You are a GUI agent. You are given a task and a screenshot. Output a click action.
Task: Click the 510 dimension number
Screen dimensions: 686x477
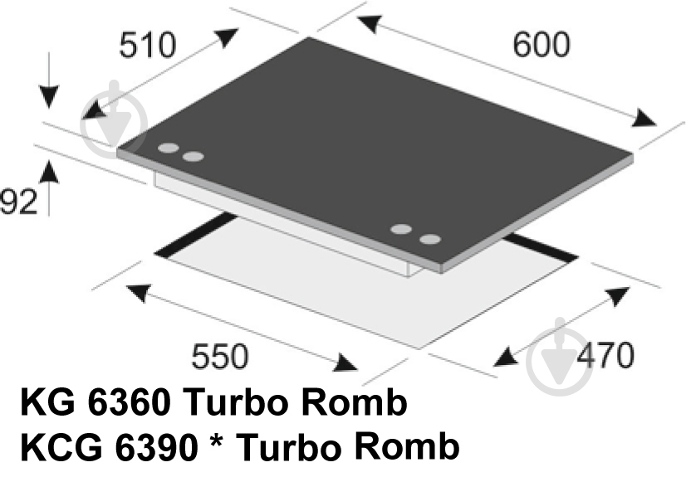click(148, 46)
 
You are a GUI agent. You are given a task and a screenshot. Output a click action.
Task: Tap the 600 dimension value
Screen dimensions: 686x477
click(541, 45)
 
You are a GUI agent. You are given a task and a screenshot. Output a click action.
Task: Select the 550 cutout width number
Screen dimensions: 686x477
click(220, 357)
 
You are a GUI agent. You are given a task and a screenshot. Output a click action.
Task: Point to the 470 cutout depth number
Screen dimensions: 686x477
click(605, 355)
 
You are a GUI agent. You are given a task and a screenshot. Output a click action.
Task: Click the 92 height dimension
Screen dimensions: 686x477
click(18, 202)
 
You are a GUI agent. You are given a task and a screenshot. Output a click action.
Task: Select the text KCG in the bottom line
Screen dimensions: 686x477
click(61, 447)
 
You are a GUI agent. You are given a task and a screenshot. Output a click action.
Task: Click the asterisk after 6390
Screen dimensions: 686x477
click(216, 440)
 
